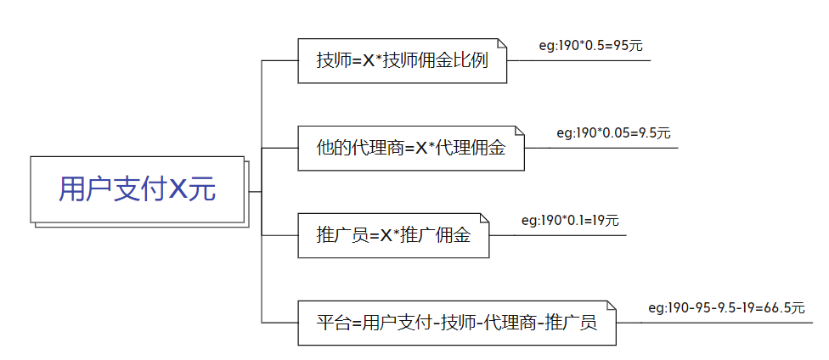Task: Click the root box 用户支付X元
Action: click(137, 188)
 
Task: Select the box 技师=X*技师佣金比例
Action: click(402, 61)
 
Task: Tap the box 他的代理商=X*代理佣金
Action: click(410, 148)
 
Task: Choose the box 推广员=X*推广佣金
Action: click(394, 235)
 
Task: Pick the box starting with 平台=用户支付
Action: click(456, 323)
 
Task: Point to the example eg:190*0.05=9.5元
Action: click(613, 133)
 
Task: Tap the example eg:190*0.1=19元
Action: click(570, 221)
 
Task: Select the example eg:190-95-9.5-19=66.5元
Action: click(725, 308)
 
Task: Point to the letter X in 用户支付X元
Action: click(178, 189)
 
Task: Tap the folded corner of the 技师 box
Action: click(501, 44)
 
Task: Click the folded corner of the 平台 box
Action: click(610, 306)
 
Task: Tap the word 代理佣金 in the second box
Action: click(475, 149)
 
